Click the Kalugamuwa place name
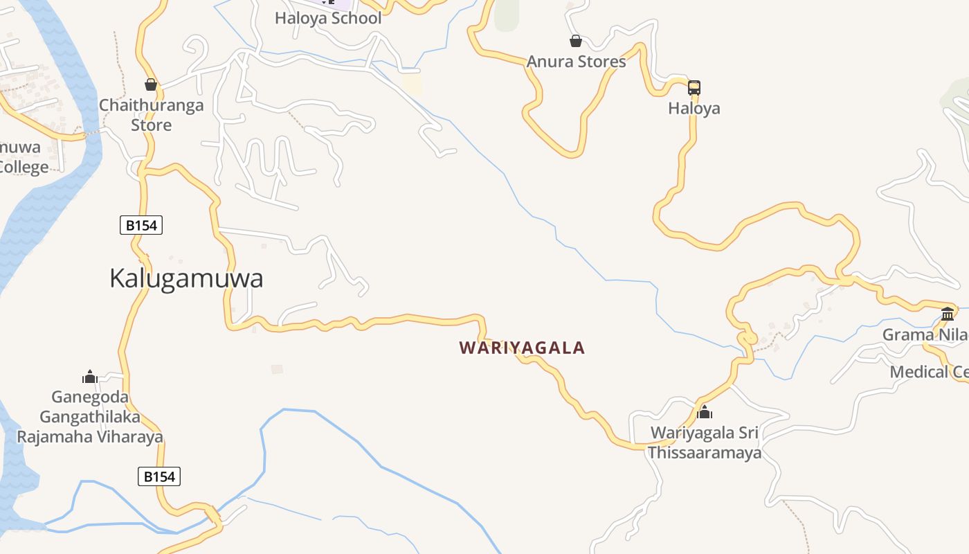(x=186, y=278)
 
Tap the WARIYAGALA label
(x=522, y=348)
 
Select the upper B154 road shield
(x=141, y=225)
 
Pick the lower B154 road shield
(x=159, y=476)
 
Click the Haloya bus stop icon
(x=694, y=88)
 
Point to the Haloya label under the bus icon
(x=694, y=109)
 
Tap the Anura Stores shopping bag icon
(x=575, y=42)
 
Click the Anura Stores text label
(x=576, y=62)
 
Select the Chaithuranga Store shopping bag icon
(x=151, y=85)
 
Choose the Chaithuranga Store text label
(x=151, y=115)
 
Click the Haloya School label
(x=328, y=19)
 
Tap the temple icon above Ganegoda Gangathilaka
(x=89, y=377)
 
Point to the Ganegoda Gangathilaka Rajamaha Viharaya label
(x=90, y=417)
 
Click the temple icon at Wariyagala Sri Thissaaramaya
(x=705, y=413)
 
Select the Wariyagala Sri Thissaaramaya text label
(x=705, y=443)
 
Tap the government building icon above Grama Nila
(x=948, y=314)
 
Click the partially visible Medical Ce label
(x=928, y=372)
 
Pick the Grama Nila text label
(x=925, y=335)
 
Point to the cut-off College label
(x=24, y=167)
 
